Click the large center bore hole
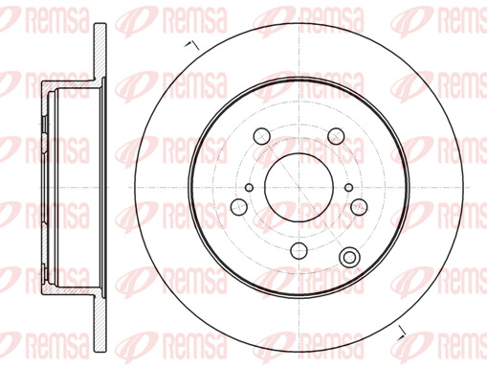tap(299, 188)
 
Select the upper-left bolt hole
tap(261, 136)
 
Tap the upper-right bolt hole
tap(336, 136)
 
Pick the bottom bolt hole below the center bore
tap(299, 250)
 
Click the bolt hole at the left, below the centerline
tap(238, 207)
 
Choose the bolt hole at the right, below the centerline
tap(359, 207)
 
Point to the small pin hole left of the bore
tap(249, 188)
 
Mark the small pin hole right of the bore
tap(349, 188)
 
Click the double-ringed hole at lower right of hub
tap(349, 257)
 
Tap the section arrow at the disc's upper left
tap(192, 45)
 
